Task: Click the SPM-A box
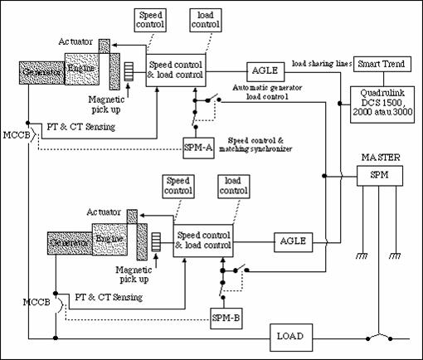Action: click(x=200, y=148)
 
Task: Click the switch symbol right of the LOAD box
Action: click(x=378, y=337)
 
